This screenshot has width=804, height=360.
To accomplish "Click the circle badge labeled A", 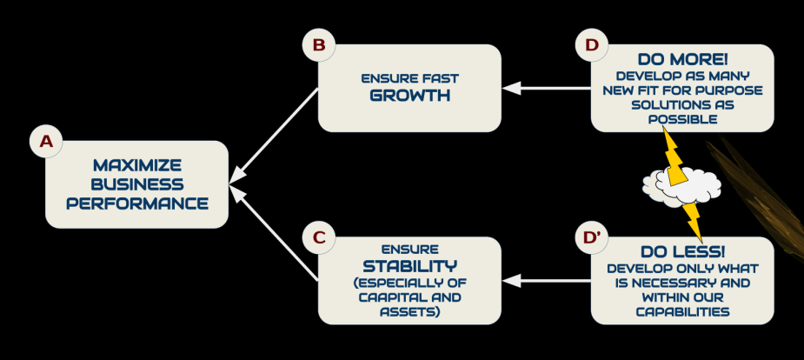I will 45,141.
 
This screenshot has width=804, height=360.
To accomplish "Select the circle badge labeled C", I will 318,237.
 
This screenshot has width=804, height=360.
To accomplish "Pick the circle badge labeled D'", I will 593,237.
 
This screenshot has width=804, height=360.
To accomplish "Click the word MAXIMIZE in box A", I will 136,164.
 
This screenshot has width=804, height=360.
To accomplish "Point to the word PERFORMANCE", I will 136,203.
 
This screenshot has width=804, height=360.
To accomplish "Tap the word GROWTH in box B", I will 409,96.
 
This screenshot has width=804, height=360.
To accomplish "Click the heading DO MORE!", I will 682,60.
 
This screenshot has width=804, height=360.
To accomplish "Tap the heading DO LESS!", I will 682,251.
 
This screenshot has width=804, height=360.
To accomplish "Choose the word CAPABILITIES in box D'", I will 682,310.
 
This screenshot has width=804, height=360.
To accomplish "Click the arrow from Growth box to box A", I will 274,136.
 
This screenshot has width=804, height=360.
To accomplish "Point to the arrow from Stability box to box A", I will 274,235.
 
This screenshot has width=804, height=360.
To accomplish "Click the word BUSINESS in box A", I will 136,184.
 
